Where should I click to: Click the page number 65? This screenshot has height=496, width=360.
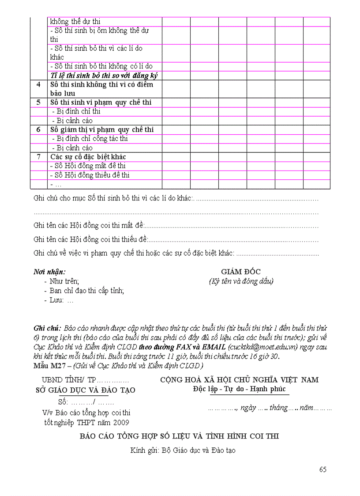click(323, 469)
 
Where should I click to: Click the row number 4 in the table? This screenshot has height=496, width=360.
click(39, 84)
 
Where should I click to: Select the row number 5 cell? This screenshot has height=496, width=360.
click(39, 102)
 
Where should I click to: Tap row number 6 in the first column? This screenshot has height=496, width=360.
click(39, 129)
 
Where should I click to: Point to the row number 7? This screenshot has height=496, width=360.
click(39, 157)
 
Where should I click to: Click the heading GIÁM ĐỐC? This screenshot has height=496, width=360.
click(241, 272)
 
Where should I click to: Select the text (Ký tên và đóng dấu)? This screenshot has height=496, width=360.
click(241, 281)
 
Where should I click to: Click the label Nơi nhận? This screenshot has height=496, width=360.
click(49, 272)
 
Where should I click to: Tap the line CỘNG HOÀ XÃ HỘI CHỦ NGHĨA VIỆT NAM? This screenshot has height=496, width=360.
click(239, 380)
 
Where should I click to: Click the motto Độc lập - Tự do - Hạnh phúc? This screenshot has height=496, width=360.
click(239, 389)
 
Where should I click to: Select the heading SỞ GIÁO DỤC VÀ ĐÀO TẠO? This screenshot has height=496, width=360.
click(86, 390)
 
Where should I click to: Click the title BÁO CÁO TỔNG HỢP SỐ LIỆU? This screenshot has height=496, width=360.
click(179, 436)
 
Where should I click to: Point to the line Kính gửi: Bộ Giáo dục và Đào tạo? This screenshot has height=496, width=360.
click(183, 451)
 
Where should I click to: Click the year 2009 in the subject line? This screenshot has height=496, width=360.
click(120, 422)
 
